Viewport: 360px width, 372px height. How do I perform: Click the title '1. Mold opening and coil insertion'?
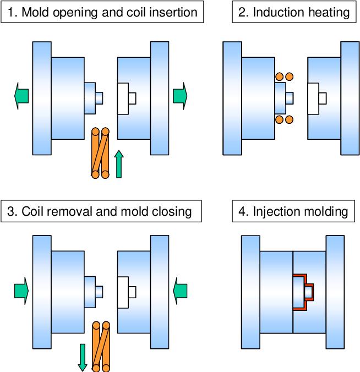tap(102, 12)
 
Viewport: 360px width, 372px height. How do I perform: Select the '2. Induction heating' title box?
tap(294, 12)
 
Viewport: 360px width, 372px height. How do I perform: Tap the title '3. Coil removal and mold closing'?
tap(102, 211)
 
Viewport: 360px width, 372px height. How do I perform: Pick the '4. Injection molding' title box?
tap(294, 211)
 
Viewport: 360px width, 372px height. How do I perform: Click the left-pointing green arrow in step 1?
tap(21, 96)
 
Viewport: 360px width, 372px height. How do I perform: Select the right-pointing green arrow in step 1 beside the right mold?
tap(180, 96)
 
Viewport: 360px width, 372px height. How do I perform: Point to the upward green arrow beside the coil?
tap(118, 165)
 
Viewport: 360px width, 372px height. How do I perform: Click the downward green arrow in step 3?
tap(83, 357)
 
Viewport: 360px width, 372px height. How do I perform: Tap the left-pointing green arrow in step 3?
tap(180, 288)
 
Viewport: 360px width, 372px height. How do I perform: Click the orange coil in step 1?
tap(100, 153)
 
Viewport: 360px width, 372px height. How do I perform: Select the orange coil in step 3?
tap(100, 346)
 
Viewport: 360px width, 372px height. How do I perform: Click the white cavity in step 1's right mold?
tap(123, 99)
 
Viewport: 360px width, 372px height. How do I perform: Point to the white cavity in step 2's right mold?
tap(314, 99)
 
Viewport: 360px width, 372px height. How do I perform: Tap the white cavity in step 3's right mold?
tap(123, 291)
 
